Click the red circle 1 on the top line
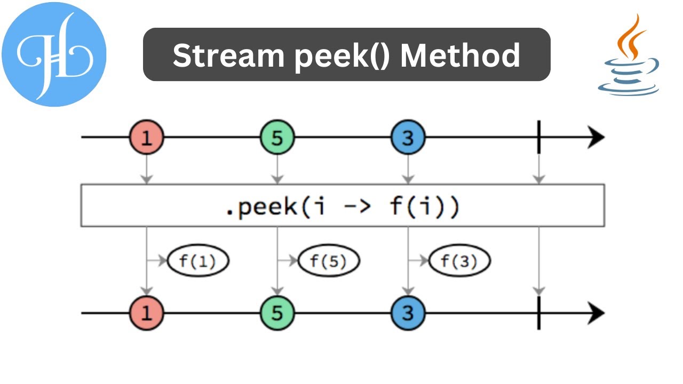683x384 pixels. click(x=146, y=138)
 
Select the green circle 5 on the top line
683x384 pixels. click(x=277, y=138)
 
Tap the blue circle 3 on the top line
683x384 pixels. click(x=408, y=138)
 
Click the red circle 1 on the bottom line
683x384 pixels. click(x=146, y=313)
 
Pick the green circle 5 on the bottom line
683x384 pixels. click(x=277, y=313)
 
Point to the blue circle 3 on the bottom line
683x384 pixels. click(x=408, y=313)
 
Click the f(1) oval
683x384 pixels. click(x=198, y=261)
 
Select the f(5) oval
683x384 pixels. click(x=329, y=261)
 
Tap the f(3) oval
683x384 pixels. click(x=459, y=261)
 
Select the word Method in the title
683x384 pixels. click(x=460, y=55)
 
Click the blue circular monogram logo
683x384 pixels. click(x=54, y=54)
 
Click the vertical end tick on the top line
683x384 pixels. click(x=539, y=138)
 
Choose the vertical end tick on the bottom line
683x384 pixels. click(x=539, y=313)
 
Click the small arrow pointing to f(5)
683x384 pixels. click(x=288, y=261)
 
